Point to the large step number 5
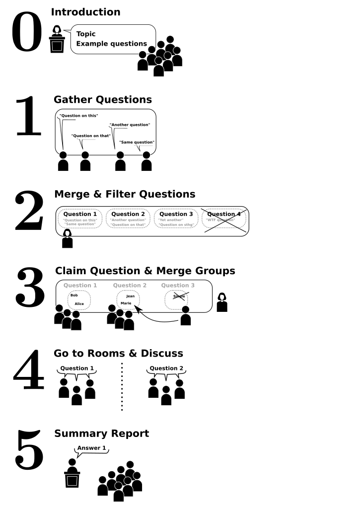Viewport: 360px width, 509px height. point(30,450)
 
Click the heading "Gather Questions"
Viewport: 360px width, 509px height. point(103,100)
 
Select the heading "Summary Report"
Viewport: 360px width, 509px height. point(101,434)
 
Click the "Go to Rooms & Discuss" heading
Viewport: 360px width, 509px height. point(118,354)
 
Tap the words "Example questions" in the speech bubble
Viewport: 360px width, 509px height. point(112,44)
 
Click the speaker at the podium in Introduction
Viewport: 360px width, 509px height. point(57,39)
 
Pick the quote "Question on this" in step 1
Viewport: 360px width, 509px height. point(78,116)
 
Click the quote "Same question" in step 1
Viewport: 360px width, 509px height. point(137,143)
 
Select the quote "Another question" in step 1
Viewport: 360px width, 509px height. point(130,125)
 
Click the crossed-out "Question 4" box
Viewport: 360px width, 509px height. point(224,218)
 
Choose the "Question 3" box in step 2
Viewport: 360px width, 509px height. point(176,218)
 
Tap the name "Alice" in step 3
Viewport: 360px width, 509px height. point(79,303)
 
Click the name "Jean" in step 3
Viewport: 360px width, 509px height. point(130,296)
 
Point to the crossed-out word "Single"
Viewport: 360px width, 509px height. point(179,296)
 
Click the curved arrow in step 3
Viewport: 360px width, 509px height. point(154,318)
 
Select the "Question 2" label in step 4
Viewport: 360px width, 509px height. point(166,368)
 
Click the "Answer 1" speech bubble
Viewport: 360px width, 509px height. point(91,448)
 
